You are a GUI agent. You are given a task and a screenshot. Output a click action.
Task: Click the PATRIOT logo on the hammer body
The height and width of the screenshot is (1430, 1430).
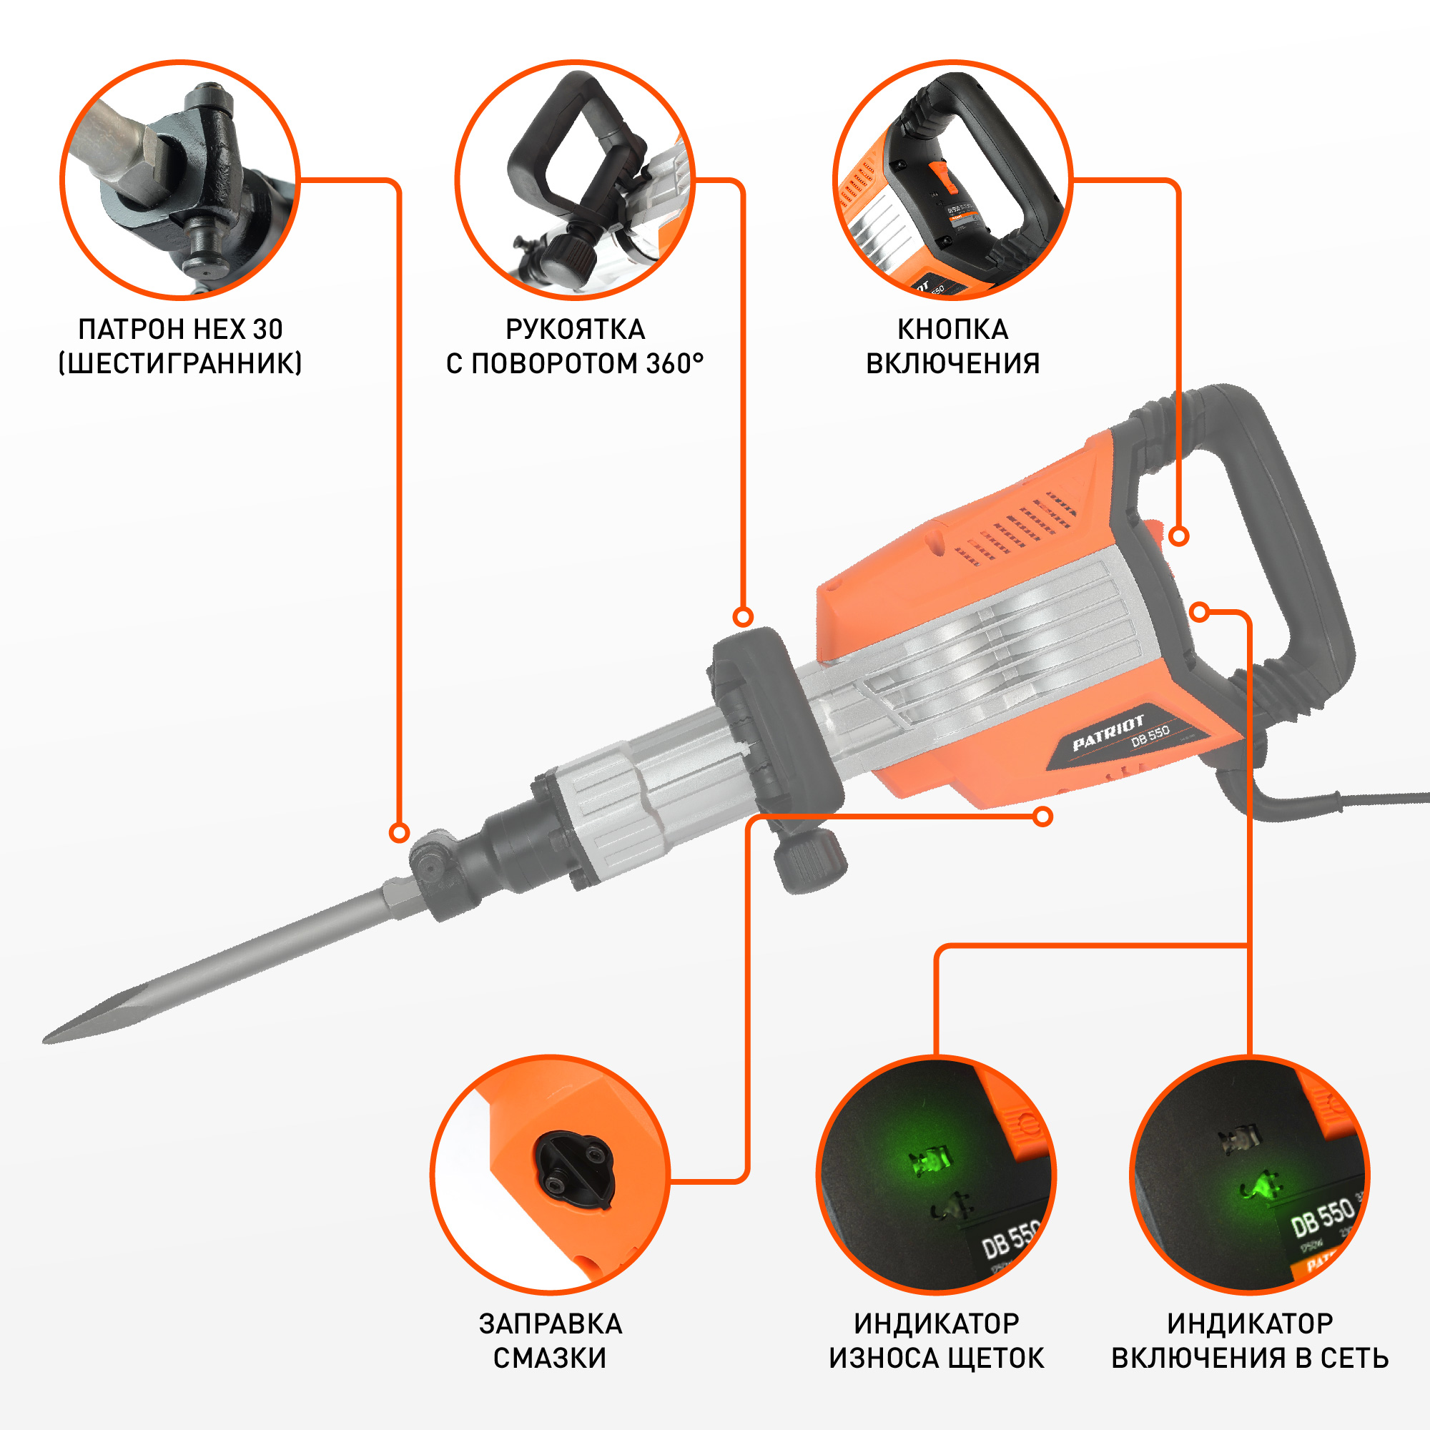point(1108,733)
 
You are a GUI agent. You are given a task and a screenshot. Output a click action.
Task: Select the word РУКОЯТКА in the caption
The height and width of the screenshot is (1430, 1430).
point(575,330)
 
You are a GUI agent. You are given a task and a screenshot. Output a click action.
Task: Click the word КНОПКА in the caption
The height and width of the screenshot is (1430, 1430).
point(952,330)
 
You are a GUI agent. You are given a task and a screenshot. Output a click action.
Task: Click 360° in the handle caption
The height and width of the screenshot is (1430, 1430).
point(675,363)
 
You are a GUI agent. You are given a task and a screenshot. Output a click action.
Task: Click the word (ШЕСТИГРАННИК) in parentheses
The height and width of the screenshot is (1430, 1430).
point(180,363)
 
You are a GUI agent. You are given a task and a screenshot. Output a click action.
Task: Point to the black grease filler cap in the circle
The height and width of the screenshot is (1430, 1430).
point(573,1169)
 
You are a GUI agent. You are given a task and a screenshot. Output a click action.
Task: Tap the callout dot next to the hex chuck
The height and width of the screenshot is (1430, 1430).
point(399,833)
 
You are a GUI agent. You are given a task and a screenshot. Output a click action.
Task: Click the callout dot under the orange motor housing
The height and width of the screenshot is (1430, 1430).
point(1043,817)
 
